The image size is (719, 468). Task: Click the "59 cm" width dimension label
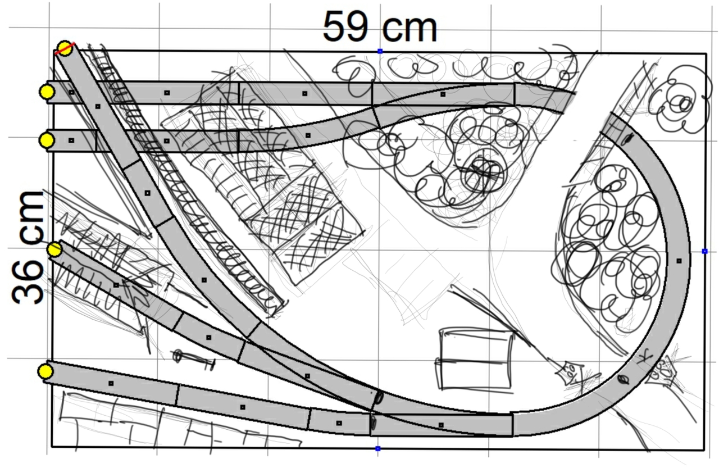coord(380,27)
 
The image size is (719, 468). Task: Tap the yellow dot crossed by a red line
coord(65,48)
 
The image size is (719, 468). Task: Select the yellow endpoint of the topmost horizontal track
coord(47,92)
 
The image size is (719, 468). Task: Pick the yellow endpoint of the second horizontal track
coord(47,140)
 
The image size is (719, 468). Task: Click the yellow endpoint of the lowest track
coord(45,371)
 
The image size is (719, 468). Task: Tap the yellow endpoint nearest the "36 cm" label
coord(55,249)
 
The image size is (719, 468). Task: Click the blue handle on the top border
coord(380,51)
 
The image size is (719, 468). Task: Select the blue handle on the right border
coord(704,251)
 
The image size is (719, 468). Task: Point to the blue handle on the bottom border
coord(378,448)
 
